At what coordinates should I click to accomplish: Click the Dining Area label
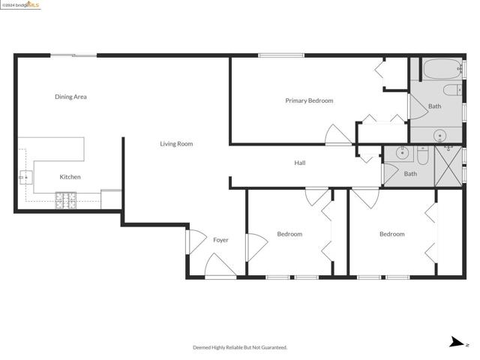point(70,97)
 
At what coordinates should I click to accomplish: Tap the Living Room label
point(176,144)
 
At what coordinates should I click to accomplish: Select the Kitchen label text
point(70,177)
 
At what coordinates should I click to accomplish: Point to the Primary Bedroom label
point(309,100)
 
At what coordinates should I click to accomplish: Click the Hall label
point(300,163)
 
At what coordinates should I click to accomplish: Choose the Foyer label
point(220,240)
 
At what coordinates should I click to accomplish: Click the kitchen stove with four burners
point(66,200)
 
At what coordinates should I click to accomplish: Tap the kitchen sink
point(26,177)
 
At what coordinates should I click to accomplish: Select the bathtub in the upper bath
point(442,69)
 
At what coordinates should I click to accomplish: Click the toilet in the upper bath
point(452,90)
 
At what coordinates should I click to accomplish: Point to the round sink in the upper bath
point(440,135)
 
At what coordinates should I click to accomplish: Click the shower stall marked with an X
point(448,166)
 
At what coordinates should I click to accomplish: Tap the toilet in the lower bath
point(422,156)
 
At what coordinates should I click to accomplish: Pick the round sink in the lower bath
point(402,152)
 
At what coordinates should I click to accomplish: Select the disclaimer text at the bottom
point(240,347)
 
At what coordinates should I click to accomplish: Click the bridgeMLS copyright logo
point(20,5)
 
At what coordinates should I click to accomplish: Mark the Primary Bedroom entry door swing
point(338,135)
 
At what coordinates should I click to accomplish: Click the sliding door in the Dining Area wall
point(73,55)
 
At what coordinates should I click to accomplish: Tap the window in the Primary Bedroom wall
point(281,55)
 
